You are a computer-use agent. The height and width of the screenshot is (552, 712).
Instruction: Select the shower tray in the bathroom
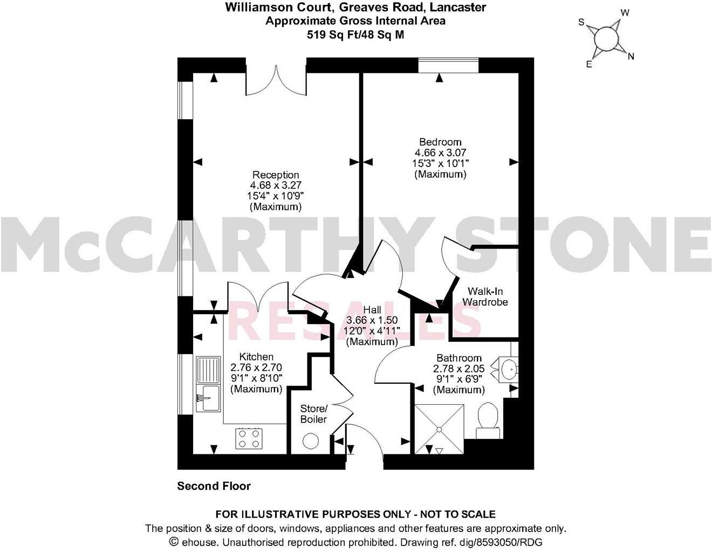[x=439, y=430]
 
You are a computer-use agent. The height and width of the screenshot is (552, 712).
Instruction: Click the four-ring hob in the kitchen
[x=249, y=438]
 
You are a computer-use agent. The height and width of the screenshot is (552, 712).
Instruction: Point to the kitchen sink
[x=208, y=384]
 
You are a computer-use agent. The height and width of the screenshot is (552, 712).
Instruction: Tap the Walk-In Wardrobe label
[x=485, y=296]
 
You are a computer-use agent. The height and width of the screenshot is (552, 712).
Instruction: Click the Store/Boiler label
[x=314, y=413]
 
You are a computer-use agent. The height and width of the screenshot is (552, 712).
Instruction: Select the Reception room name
[x=276, y=175]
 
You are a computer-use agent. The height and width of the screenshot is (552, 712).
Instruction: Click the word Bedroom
[x=440, y=142]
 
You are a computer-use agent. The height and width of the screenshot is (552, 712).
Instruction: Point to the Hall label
[x=372, y=310]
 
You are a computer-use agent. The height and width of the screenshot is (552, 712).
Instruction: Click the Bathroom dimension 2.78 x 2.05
[x=458, y=369]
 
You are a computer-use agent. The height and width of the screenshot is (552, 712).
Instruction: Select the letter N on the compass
[x=631, y=56]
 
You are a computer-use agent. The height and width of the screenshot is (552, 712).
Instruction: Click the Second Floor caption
[x=214, y=486]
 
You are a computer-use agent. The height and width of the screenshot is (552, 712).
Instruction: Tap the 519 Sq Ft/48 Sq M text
[x=355, y=34]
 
